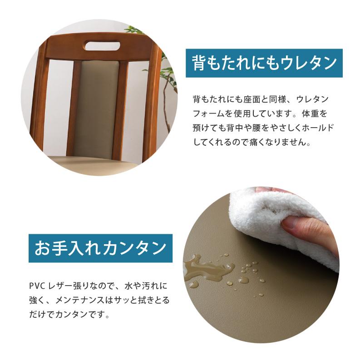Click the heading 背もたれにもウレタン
tap(264, 62)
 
